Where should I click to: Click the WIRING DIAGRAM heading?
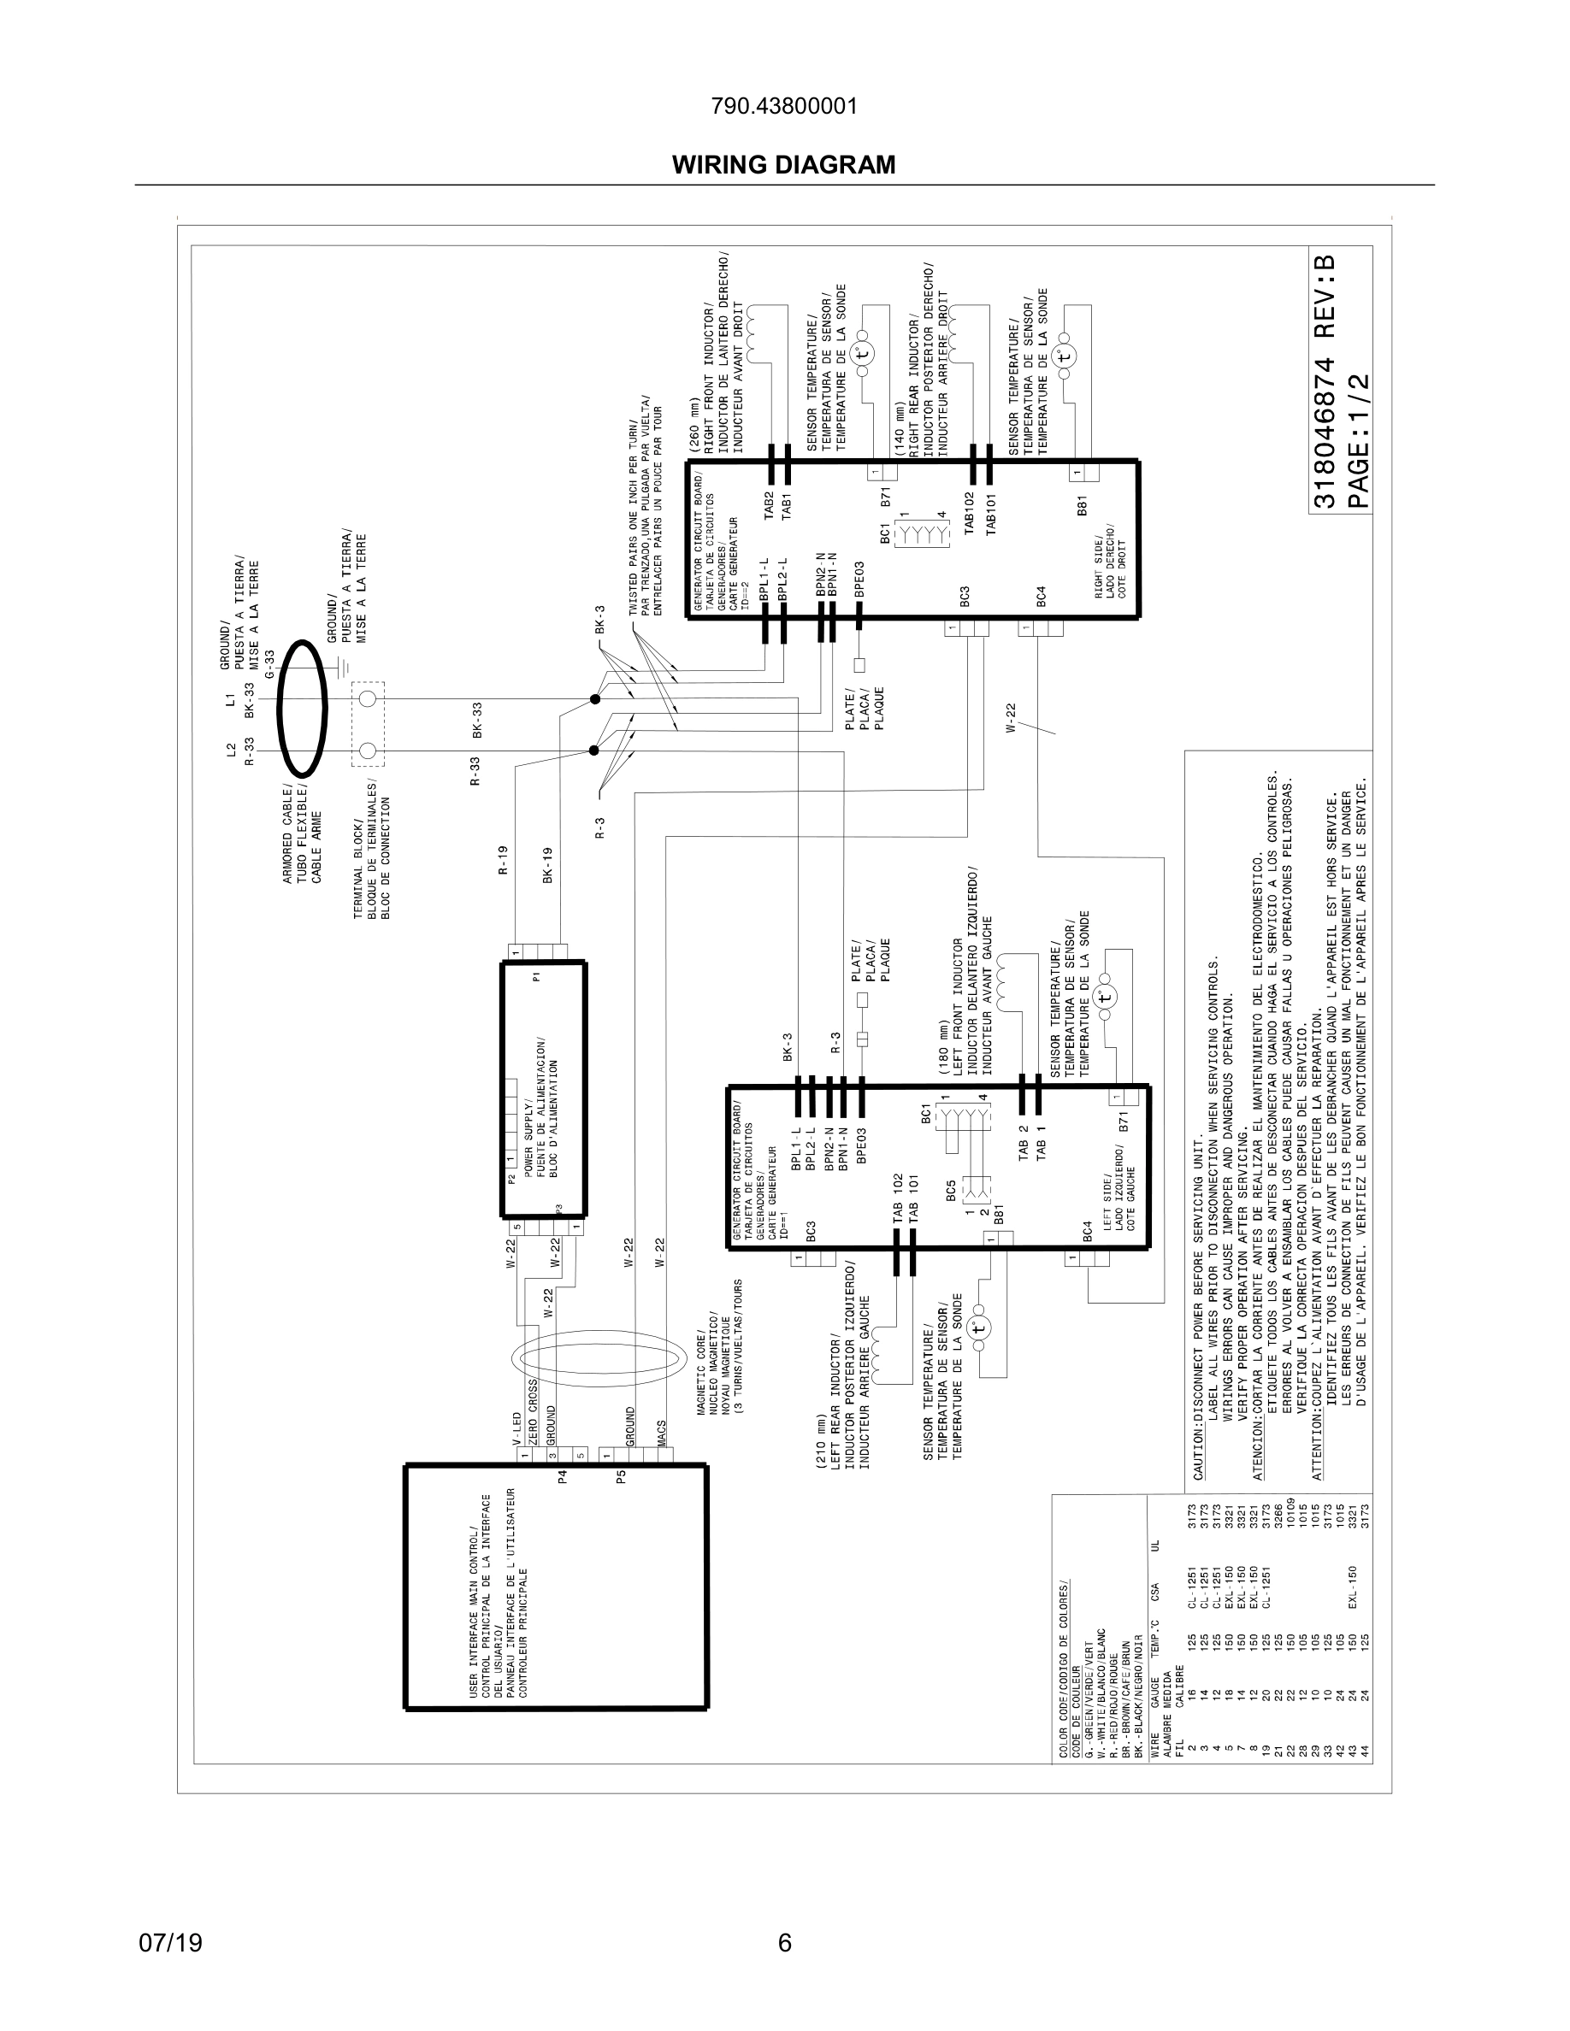[x=783, y=165]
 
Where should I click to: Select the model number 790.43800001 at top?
[x=783, y=106]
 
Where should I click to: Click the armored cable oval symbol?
[x=304, y=708]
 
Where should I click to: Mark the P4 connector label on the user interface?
[x=562, y=1476]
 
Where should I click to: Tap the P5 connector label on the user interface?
[x=622, y=1476]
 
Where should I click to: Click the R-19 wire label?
[x=502, y=860]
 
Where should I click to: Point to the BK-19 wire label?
[x=547, y=865]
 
